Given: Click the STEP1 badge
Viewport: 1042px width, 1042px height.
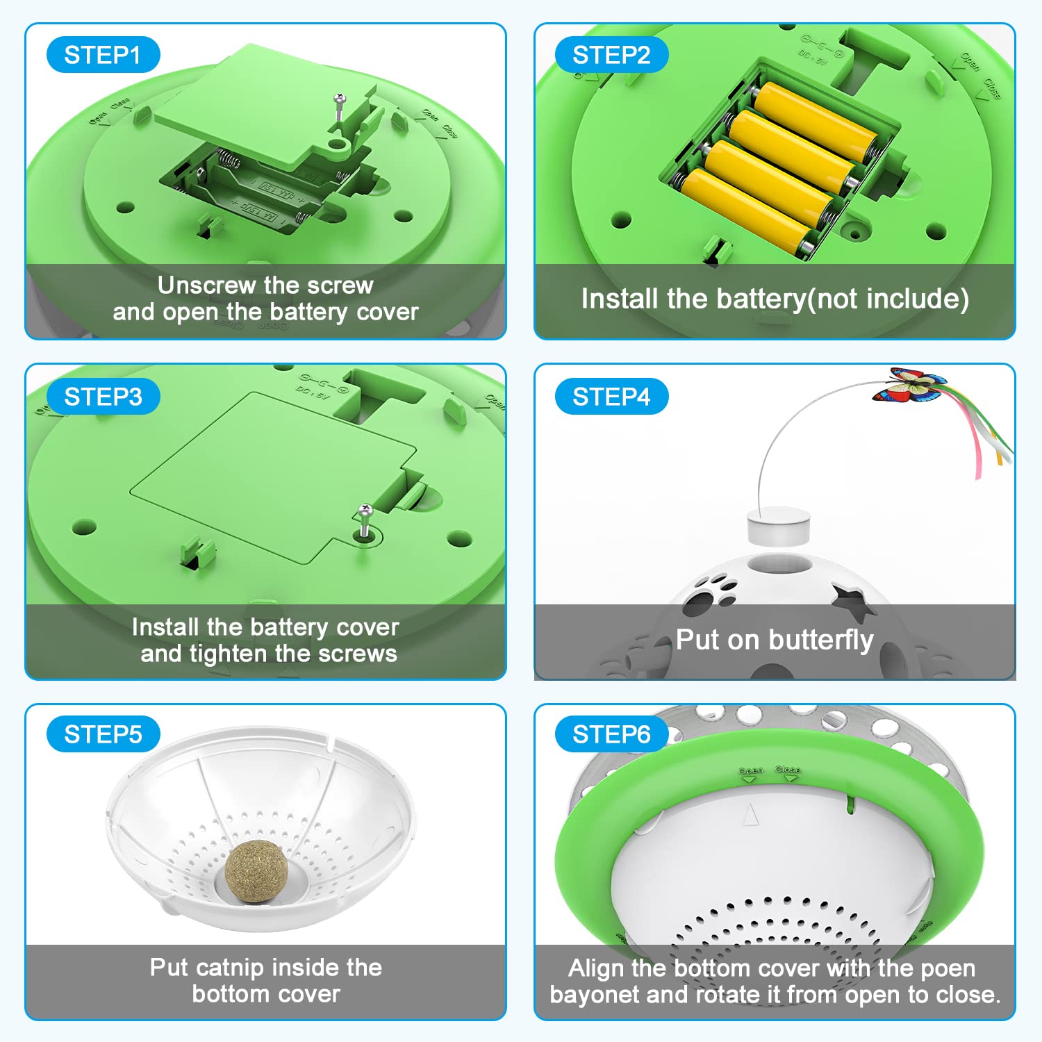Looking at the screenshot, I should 103,55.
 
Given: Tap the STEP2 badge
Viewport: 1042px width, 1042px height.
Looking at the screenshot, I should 611,55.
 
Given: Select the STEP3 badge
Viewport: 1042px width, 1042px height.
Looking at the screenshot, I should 103,397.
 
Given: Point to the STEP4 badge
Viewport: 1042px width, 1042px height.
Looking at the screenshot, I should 611,397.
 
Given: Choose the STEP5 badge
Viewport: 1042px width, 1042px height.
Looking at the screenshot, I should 103,734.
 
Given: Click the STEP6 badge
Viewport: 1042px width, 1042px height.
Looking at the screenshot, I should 611,734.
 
